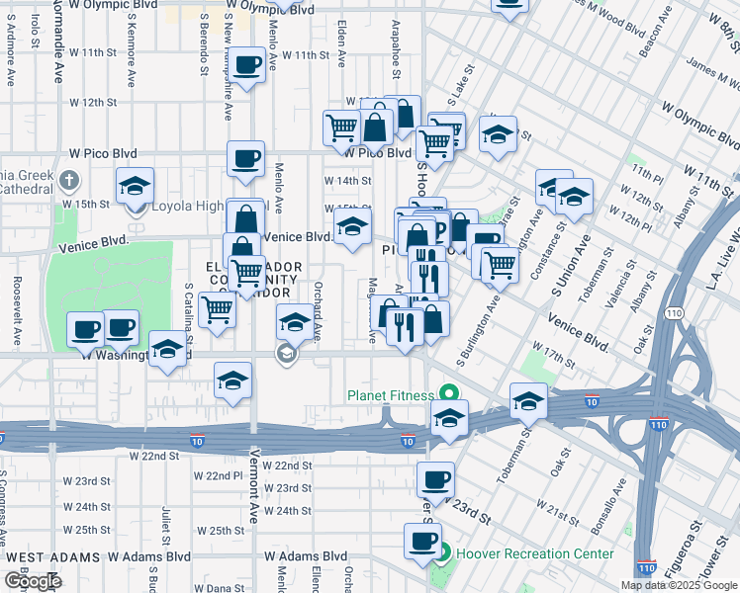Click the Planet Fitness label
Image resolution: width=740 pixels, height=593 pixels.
390,395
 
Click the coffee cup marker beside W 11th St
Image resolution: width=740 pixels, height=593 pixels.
247,66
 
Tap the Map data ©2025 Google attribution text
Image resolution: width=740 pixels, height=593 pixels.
679,585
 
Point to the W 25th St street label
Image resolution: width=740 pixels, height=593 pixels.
219,531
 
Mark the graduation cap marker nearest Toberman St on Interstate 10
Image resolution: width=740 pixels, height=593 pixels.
528,400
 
